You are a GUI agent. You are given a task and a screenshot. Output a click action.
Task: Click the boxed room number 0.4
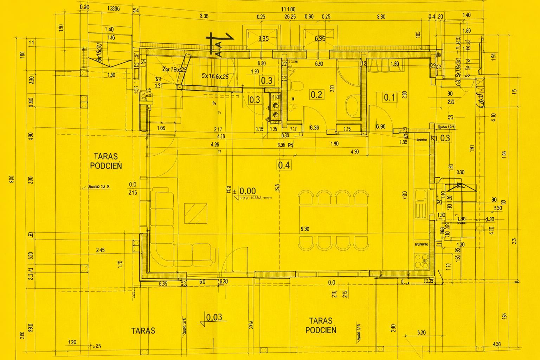pos(284,165)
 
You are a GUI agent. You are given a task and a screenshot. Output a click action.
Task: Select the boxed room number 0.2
pos(316,94)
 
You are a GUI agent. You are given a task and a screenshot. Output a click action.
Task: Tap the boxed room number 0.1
pos(389,97)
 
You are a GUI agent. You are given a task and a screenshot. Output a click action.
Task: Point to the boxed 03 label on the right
pos(445,138)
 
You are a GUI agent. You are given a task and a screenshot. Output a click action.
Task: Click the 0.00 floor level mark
pos(247,191)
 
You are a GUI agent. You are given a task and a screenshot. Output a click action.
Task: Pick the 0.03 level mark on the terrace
pos(214,317)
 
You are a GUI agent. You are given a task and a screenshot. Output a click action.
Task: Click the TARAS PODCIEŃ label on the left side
pos(106,161)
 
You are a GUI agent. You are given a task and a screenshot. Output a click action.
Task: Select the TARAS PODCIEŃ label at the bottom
pos(321,325)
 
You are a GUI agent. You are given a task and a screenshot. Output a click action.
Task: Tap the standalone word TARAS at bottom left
pos(143,331)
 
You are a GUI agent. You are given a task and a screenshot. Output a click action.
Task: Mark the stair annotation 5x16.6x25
pos(215,76)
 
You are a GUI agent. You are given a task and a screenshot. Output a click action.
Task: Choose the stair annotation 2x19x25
pos(174,69)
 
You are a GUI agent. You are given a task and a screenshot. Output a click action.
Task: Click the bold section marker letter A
pos(218,49)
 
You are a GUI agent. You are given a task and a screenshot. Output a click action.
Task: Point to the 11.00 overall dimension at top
pos(288,9)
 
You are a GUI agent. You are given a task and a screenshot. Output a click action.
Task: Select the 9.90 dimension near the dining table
pos(305,229)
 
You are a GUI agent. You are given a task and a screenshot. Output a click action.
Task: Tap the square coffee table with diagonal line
pos(195,213)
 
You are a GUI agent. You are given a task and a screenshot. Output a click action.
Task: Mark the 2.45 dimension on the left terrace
pos(100,250)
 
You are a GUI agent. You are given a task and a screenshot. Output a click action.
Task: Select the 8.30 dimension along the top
pos(381,17)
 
